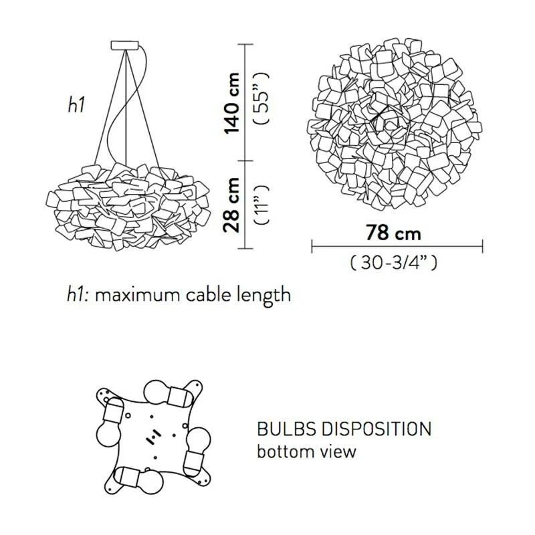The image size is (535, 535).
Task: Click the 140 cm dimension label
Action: [x=231, y=103]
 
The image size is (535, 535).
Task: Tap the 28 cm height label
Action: [x=231, y=205]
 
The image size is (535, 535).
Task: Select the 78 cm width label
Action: [x=393, y=233]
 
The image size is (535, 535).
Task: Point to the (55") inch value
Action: [x=262, y=98]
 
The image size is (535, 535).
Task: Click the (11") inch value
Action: [x=262, y=205]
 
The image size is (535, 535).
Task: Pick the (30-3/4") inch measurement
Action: [x=393, y=263]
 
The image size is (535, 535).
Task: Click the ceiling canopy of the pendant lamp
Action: [x=125, y=45]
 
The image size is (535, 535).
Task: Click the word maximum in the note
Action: [x=138, y=295]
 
